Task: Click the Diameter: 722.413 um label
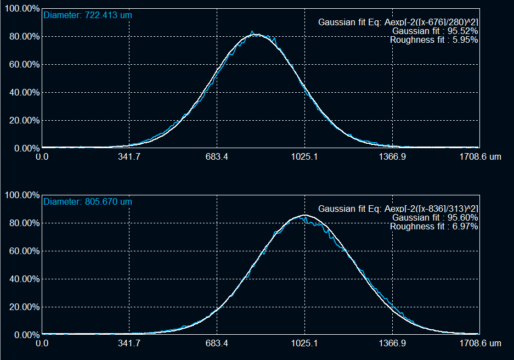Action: pos(88,15)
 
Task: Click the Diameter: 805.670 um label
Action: pos(88,202)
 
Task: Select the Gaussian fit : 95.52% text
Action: pos(434,31)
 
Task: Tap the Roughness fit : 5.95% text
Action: pos(433,40)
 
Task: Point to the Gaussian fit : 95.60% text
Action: pos(434,218)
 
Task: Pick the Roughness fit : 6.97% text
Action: pos(433,226)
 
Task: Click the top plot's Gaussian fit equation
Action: pos(398,22)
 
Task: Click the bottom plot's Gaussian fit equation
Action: pos(398,209)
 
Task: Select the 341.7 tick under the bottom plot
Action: pos(129,344)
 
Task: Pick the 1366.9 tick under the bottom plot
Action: pos(392,344)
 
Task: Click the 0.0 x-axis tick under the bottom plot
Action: pos(42,344)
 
